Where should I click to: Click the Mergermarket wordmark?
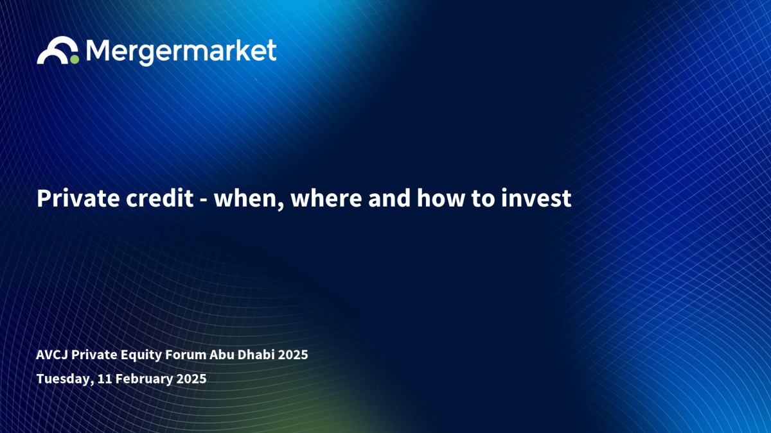181,52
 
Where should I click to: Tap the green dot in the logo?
75,60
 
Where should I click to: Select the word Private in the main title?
78,198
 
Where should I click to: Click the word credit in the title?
159,198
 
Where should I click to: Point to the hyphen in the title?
204,200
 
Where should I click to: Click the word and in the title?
389,198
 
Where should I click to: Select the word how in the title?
441,198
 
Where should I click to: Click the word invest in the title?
536,198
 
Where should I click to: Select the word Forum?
186,355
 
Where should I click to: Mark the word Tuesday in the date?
65,379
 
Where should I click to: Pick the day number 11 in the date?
104,378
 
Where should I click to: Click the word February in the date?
143,379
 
